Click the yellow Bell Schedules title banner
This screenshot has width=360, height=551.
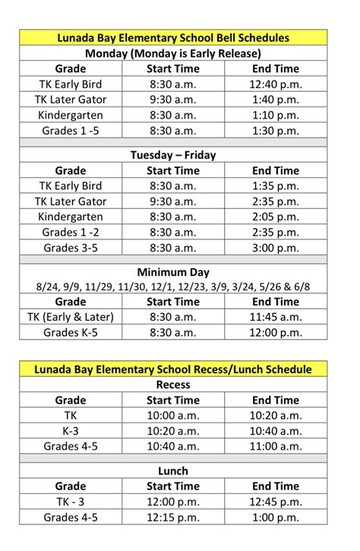[x=173, y=37]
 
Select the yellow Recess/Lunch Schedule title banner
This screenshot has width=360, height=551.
[x=173, y=369]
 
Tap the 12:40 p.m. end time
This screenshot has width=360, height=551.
[x=275, y=84]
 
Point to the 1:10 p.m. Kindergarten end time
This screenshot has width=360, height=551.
[x=275, y=115]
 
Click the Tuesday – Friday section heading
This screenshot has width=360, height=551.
[x=173, y=155]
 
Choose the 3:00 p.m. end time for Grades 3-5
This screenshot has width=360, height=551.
[x=275, y=248]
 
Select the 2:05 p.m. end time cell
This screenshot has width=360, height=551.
[x=275, y=217]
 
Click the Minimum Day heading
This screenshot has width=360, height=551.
[x=173, y=272]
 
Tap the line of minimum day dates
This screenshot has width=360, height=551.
[x=173, y=287]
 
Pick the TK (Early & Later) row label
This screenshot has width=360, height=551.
[x=71, y=317]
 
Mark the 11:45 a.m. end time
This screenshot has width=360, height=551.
[x=275, y=317]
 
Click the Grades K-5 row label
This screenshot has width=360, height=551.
[x=71, y=332]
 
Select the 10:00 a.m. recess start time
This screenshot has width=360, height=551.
[x=173, y=415]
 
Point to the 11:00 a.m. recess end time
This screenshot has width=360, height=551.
[x=275, y=446]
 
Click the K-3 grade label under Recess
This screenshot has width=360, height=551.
[x=71, y=431]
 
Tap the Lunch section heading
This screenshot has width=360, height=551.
[x=173, y=471]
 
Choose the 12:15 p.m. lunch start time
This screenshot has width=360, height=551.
[x=173, y=518]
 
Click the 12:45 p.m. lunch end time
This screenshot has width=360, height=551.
[x=275, y=502]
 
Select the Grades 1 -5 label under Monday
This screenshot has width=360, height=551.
[x=71, y=130]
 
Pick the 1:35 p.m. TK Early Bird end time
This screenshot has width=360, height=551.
[x=275, y=185]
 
